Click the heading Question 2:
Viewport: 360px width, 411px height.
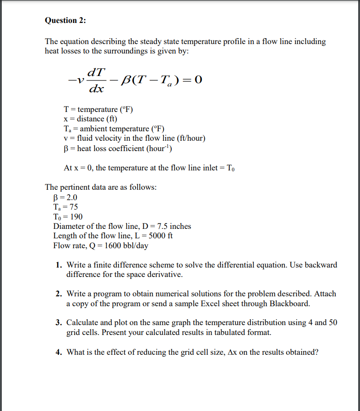65,20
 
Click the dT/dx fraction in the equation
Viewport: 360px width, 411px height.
97,80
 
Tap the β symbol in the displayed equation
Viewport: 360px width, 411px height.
127,80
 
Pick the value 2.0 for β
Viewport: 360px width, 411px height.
71,197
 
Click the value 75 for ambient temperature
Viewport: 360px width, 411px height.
73,207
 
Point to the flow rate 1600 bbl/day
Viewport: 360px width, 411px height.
126,246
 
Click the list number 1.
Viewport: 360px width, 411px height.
59,265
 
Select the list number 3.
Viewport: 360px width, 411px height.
59,322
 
